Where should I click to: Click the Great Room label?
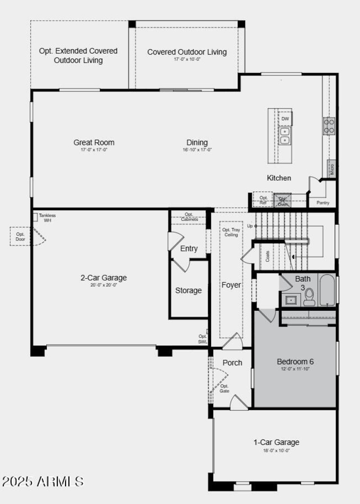coord(94,143)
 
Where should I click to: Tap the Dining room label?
coord(197,143)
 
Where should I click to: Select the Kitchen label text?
coord(279,178)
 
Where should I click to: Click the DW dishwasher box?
coord(285,119)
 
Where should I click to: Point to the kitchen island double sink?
coord(285,135)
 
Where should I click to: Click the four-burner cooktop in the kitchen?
coord(329,126)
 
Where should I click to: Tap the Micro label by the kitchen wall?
coord(332,169)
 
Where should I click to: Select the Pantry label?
coord(323,203)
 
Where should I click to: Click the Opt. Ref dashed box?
coord(263,200)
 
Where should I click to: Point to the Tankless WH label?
coord(47,218)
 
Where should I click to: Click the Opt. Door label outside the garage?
coord(20,236)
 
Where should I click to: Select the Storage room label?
coord(189,291)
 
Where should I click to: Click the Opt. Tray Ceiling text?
coord(231,232)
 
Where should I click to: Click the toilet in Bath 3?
coord(309,297)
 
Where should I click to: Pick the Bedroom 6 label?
coord(295,362)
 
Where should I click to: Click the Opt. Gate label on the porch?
coord(225,388)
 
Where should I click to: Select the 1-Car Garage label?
coord(276,442)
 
